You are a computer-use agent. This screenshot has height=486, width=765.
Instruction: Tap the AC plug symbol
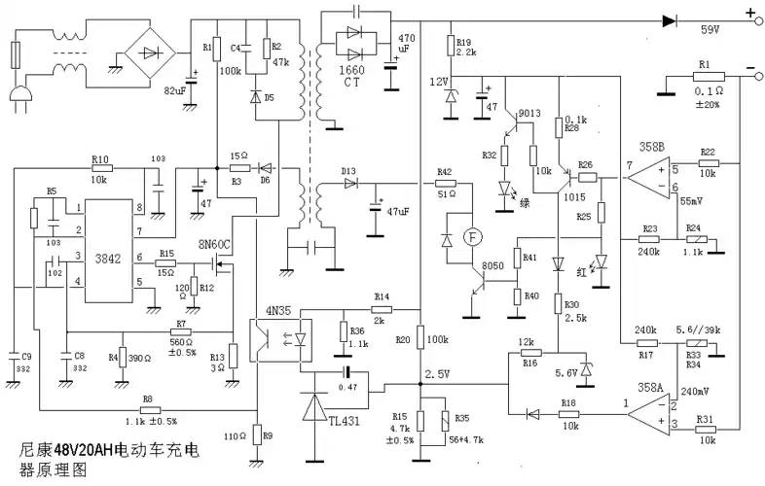tap(18, 94)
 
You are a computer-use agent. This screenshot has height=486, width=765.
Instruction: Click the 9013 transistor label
tap(528, 115)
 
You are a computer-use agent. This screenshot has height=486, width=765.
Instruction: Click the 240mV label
tap(693, 393)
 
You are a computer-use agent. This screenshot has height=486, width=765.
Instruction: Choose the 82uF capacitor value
tap(174, 89)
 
